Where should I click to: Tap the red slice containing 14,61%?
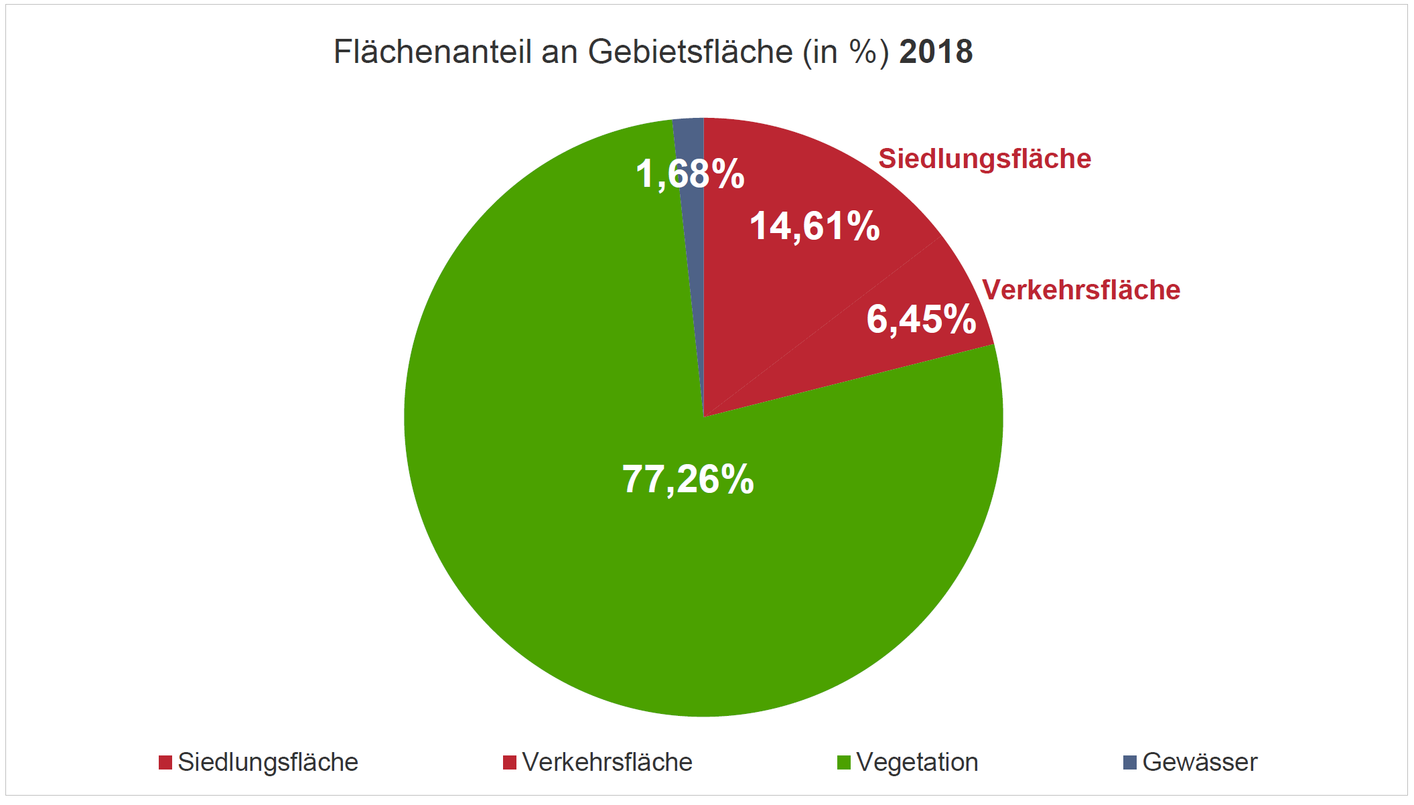[x=770, y=281]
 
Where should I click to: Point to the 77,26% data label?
[x=688, y=480]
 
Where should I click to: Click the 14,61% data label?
[x=814, y=226]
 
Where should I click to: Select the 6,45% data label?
[x=921, y=319]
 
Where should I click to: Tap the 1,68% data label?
[x=689, y=174]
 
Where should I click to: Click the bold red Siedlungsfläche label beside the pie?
[x=985, y=159]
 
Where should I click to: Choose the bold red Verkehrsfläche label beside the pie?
[x=1080, y=290]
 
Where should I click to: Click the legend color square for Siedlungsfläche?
[x=165, y=762]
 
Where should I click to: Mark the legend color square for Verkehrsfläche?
[x=510, y=762]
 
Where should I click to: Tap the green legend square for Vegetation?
[x=844, y=762]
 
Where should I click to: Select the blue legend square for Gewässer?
[x=1130, y=762]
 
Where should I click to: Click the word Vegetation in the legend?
[x=917, y=762]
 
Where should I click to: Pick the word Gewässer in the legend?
[x=1200, y=762]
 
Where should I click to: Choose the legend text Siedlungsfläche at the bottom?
[x=268, y=762]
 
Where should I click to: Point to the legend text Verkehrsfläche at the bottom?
[x=607, y=762]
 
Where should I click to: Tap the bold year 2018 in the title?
[x=936, y=52]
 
